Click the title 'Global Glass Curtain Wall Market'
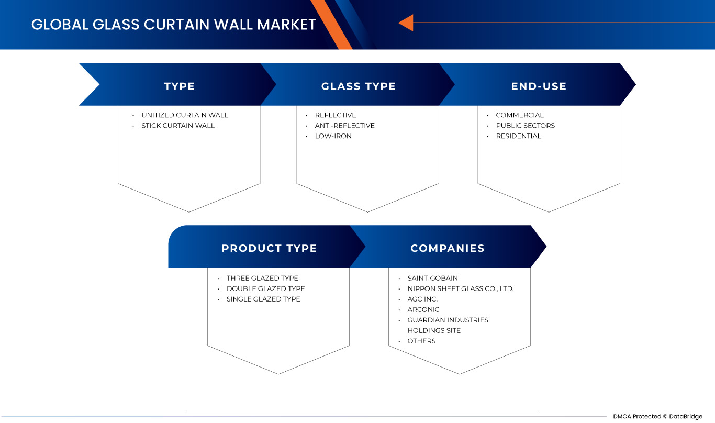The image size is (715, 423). coord(174,25)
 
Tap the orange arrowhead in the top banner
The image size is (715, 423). coord(406,23)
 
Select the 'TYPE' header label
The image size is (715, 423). coord(180,86)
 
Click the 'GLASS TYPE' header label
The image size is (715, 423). coord(359,86)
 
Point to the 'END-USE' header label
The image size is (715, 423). coord(539,86)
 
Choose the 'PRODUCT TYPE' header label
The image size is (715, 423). coord(269,248)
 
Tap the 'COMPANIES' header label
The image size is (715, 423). coord(448,248)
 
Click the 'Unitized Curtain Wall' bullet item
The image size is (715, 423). coord(185,115)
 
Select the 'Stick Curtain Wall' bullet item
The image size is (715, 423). coord(178,126)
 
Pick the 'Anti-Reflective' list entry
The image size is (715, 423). coord(345,126)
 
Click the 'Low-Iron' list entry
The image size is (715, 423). coord(333,136)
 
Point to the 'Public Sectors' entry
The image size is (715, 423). coord(526,126)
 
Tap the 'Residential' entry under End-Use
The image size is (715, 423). coord(518,136)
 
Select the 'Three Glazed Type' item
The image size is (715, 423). coord(262,278)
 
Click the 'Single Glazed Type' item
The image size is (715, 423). coord(263,299)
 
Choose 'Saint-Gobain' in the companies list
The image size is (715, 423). coord(432,278)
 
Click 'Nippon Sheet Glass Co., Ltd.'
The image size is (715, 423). coord(461,288)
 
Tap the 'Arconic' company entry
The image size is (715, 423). coord(423,310)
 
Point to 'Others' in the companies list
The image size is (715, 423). coord(421,341)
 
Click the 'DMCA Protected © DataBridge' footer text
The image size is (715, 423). coord(657,416)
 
